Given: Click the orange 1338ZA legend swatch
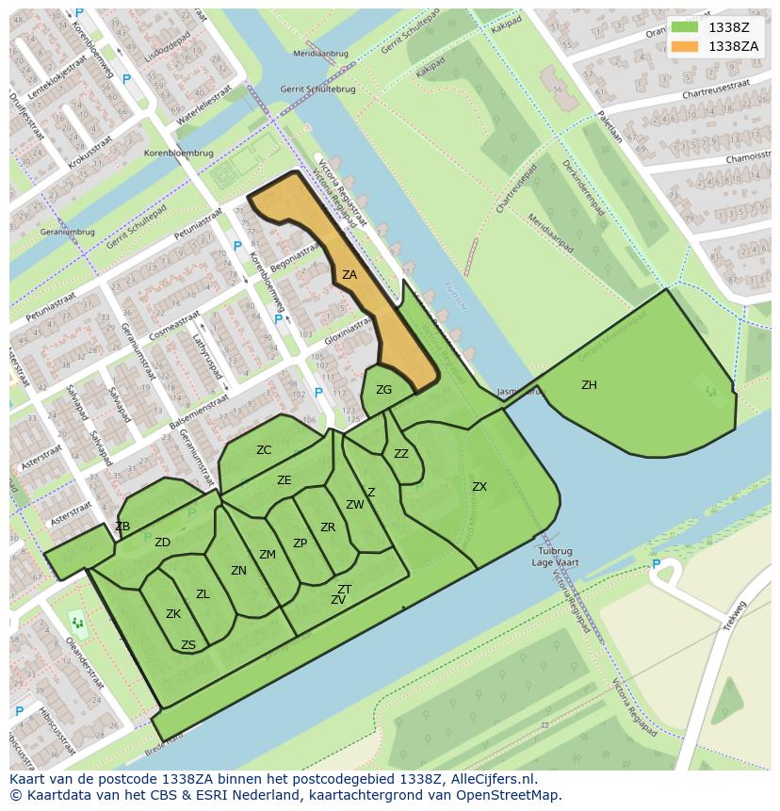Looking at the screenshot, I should [x=685, y=46].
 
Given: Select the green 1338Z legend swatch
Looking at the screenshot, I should [x=685, y=28].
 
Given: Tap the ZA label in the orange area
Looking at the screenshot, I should [x=349, y=275].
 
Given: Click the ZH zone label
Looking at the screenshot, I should [x=589, y=385].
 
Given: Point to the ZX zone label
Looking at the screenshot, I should [x=479, y=487].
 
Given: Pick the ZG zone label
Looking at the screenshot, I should [x=383, y=390].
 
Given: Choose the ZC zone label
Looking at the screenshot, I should [x=264, y=450].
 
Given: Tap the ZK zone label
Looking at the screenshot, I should [x=173, y=614].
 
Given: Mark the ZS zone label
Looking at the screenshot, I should [x=188, y=645].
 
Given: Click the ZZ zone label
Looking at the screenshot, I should [x=401, y=454].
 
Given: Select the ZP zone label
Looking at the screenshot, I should [x=300, y=543].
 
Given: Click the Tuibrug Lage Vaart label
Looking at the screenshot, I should [x=556, y=556].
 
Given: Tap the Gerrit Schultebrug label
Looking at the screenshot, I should [x=304, y=89].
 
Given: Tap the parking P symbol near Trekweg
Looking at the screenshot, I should [x=657, y=564].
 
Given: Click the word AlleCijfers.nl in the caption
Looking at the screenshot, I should [x=491, y=779].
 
